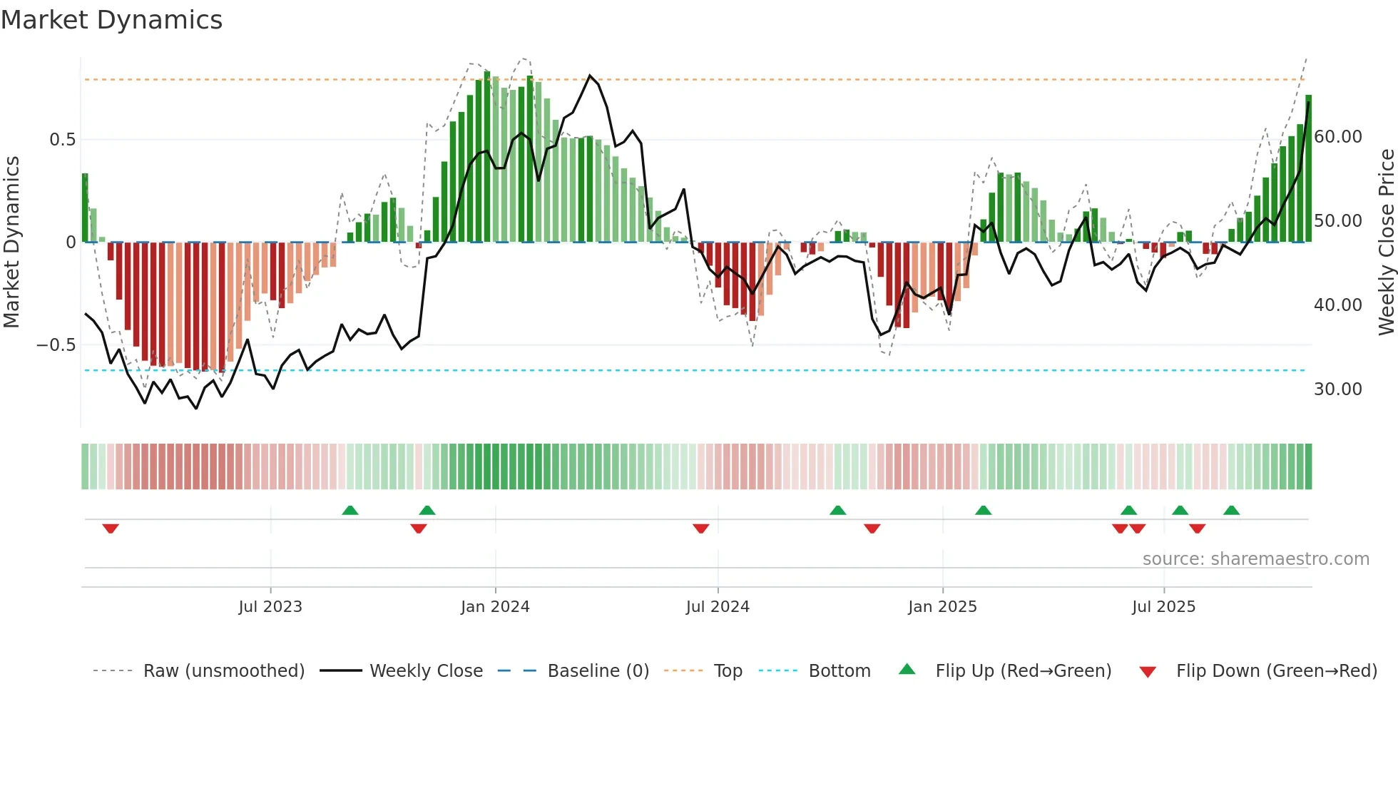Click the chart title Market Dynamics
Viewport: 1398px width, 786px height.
pyautogui.click(x=111, y=20)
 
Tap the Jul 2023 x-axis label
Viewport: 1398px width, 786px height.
pyautogui.click(x=270, y=607)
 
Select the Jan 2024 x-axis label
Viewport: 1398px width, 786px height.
pyautogui.click(x=495, y=607)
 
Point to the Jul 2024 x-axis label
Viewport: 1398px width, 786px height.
pyautogui.click(x=718, y=607)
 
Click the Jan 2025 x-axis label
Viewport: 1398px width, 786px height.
pyautogui.click(x=942, y=607)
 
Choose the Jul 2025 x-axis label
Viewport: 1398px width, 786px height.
pyautogui.click(x=1163, y=607)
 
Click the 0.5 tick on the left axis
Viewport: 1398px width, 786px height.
pyautogui.click(x=62, y=140)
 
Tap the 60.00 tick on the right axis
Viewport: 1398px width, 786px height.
pyautogui.click(x=1337, y=137)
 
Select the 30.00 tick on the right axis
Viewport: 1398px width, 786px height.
pyautogui.click(x=1337, y=389)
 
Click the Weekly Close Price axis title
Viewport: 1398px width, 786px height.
pyautogui.click(x=1386, y=243)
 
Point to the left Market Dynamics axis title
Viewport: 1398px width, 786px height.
pyautogui.click(x=11, y=243)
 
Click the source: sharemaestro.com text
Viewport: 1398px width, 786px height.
pyautogui.click(x=1255, y=559)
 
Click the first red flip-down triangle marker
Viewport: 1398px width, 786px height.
pyautogui.click(x=111, y=529)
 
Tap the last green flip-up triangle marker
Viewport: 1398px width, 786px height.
pyautogui.click(x=1231, y=511)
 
